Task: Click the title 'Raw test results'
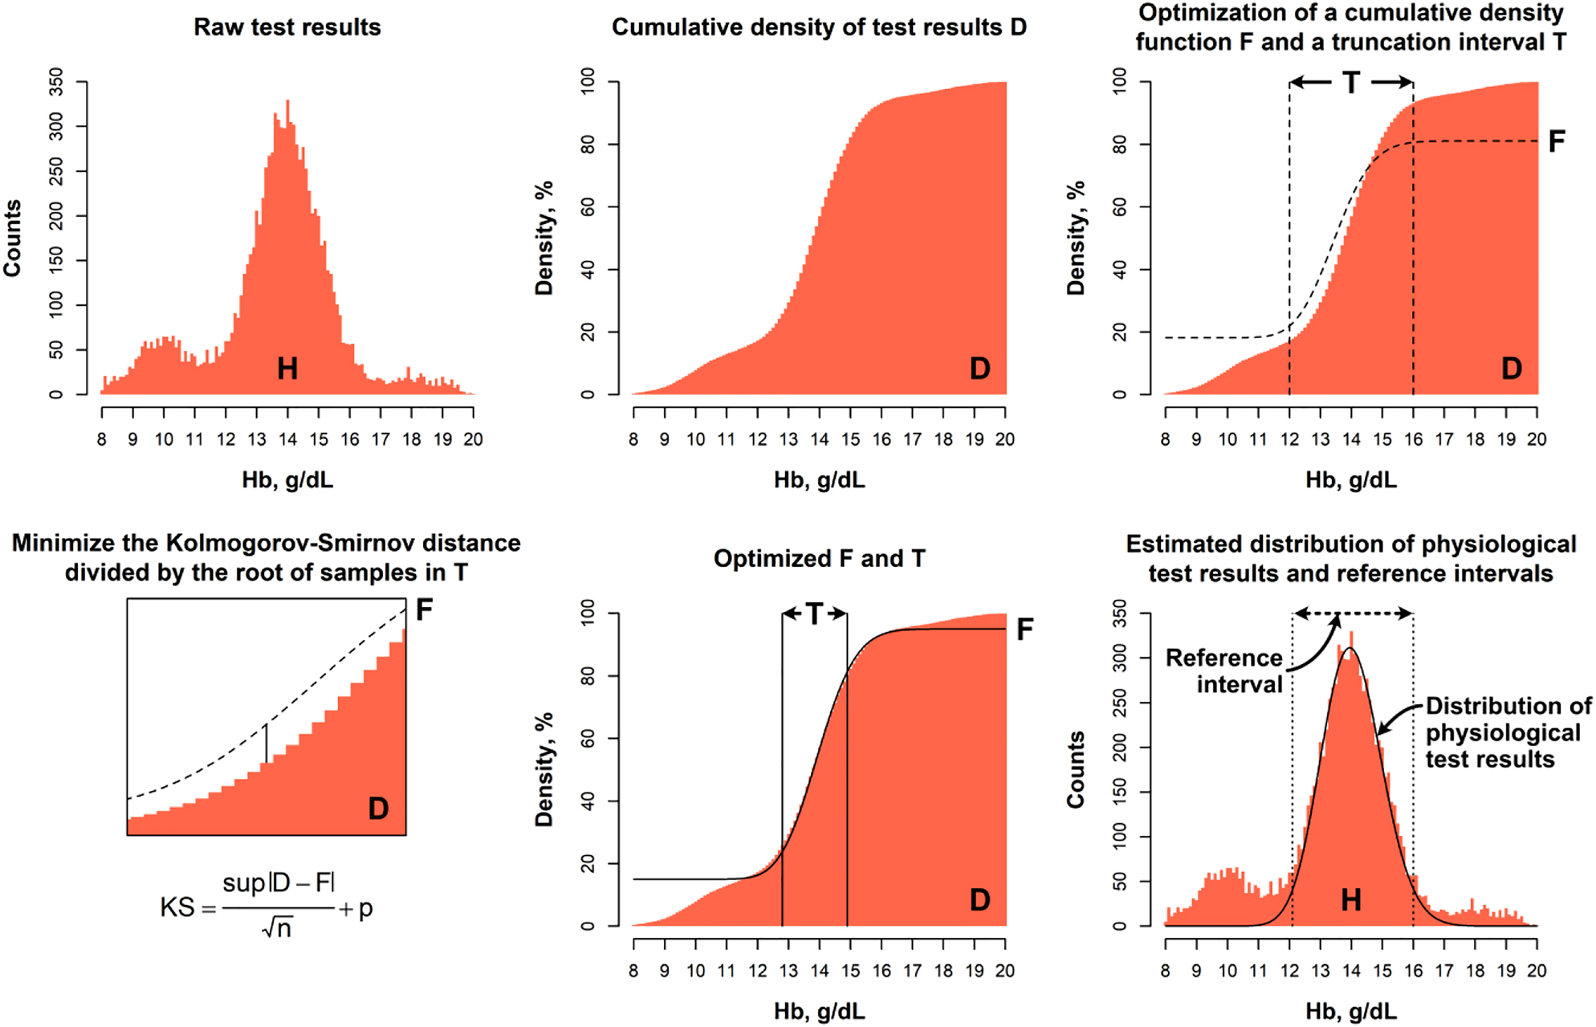(287, 27)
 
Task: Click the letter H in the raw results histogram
(287, 369)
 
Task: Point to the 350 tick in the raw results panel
(55, 82)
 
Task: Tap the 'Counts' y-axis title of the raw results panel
(12, 238)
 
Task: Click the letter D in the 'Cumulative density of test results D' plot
(979, 369)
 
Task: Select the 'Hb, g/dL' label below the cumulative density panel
(819, 480)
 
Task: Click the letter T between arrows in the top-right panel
(1351, 82)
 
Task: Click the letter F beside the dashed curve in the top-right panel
(1556, 142)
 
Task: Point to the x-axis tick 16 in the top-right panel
(1413, 439)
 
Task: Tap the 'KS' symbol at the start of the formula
(177, 908)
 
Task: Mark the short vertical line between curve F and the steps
(266, 743)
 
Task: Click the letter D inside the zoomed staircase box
(378, 808)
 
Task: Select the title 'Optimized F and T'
(819, 559)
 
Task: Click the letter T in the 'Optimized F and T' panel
(814, 614)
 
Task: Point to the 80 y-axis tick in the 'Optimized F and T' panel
(588, 676)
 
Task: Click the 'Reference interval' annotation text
(1224, 671)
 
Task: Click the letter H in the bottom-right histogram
(1351, 900)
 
